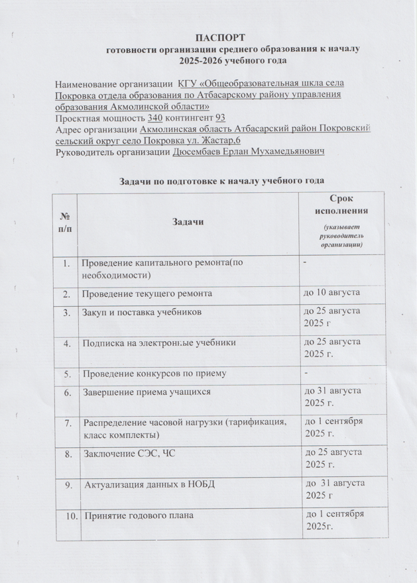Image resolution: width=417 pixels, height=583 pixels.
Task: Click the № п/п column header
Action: point(66,221)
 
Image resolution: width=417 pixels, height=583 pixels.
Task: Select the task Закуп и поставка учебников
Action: point(141,312)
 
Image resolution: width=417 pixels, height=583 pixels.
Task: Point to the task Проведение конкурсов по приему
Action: point(154,374)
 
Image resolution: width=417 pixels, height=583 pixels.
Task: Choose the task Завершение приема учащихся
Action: point(145,392)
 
